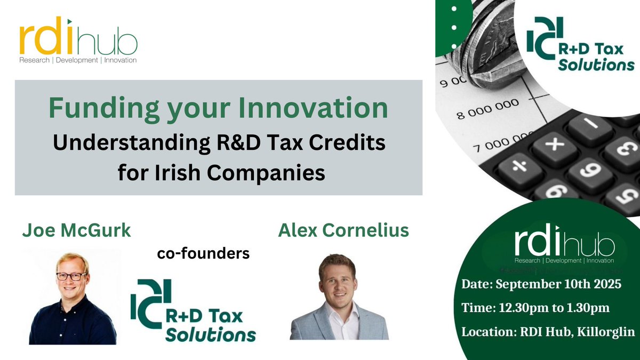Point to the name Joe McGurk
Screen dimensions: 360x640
point(76,230)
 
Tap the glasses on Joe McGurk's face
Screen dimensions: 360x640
point(71,276)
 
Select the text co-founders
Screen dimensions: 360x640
point(203,254)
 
